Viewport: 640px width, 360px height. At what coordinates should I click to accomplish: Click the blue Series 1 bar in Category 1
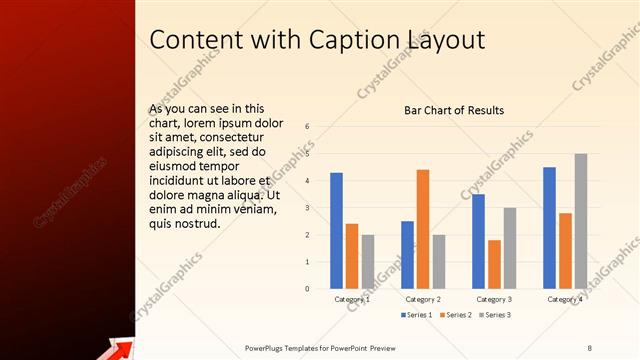click(x=337, y=230)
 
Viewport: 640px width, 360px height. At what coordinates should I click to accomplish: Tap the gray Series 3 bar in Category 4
click(x=580, y=221)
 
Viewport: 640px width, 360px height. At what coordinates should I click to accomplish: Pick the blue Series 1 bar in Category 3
click(x=479, y=241)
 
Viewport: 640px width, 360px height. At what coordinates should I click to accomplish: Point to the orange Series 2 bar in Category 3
click(x=494, y=264)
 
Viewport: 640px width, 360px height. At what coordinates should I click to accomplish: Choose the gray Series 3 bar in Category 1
click(x=367, y=261)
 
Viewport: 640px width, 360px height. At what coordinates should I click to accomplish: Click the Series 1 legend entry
click(x=417, y=315)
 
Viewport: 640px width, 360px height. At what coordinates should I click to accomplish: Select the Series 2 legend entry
click(x=456, y=315)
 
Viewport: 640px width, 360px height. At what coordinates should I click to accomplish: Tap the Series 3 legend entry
click(x=495, y=315)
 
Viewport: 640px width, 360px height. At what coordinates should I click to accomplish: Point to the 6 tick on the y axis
click(x=308, y=127)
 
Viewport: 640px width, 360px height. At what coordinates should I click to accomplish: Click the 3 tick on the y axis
click(x=308, y=208)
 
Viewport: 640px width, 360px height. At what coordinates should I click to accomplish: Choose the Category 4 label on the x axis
click(x=565, y=299)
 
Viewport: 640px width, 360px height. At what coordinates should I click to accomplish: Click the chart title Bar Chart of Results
click(x=454, y=110)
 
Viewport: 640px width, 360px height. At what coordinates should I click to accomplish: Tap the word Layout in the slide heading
click(x=446, y=39)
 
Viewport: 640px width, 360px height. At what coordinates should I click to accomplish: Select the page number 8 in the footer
click(x=590, y=347)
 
